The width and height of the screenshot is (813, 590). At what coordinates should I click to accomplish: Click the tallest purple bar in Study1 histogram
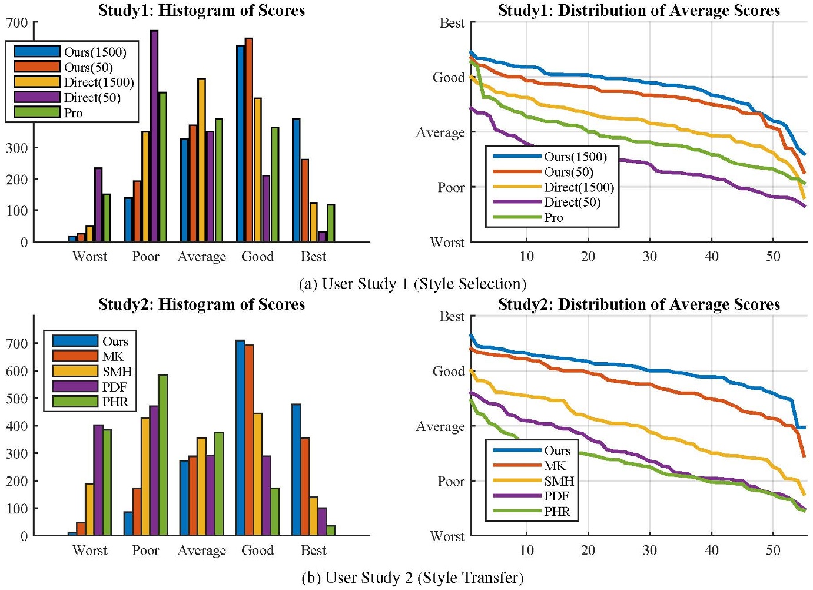point(154,135)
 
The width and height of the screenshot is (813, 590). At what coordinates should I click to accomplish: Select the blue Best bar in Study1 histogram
point(296,180)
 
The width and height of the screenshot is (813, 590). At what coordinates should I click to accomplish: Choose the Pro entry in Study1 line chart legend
point(553,217)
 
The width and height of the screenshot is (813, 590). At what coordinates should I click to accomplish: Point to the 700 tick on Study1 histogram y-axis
point(16,23)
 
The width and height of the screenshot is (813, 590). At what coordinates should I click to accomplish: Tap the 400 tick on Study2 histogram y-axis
point(16,426)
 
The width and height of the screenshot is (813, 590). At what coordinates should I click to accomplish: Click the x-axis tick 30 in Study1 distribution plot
point(649,256)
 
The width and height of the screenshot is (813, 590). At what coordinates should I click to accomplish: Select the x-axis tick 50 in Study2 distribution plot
point(773,550)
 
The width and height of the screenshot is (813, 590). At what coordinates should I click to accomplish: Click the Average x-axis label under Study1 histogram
point(201,257)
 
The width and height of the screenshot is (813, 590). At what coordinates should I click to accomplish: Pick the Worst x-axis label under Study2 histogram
point(89,550)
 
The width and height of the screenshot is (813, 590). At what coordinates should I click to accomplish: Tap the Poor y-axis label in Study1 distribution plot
point(451,187)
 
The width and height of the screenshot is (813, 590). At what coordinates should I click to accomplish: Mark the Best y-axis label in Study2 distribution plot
point(452,317)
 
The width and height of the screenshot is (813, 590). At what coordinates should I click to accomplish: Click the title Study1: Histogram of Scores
point(201,10)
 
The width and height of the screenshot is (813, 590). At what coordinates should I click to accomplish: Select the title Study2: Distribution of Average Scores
point(639,304)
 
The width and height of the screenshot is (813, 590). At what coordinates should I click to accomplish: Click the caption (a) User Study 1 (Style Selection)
point(412,284)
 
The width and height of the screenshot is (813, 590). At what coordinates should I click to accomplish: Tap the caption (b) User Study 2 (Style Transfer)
point(412,578)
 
